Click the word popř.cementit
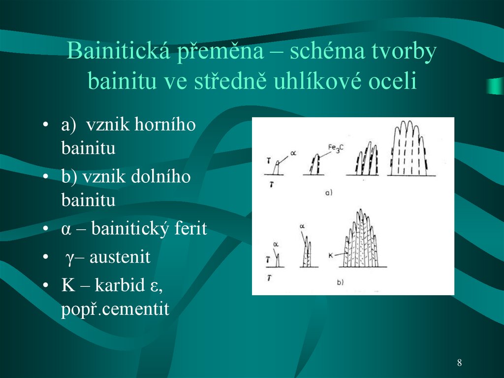(115, 310)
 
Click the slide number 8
(459, 363)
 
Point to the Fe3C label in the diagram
(336, 147)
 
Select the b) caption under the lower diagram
(340, 282)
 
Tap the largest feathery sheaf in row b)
(362, 241)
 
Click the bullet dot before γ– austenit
(45, 258)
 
